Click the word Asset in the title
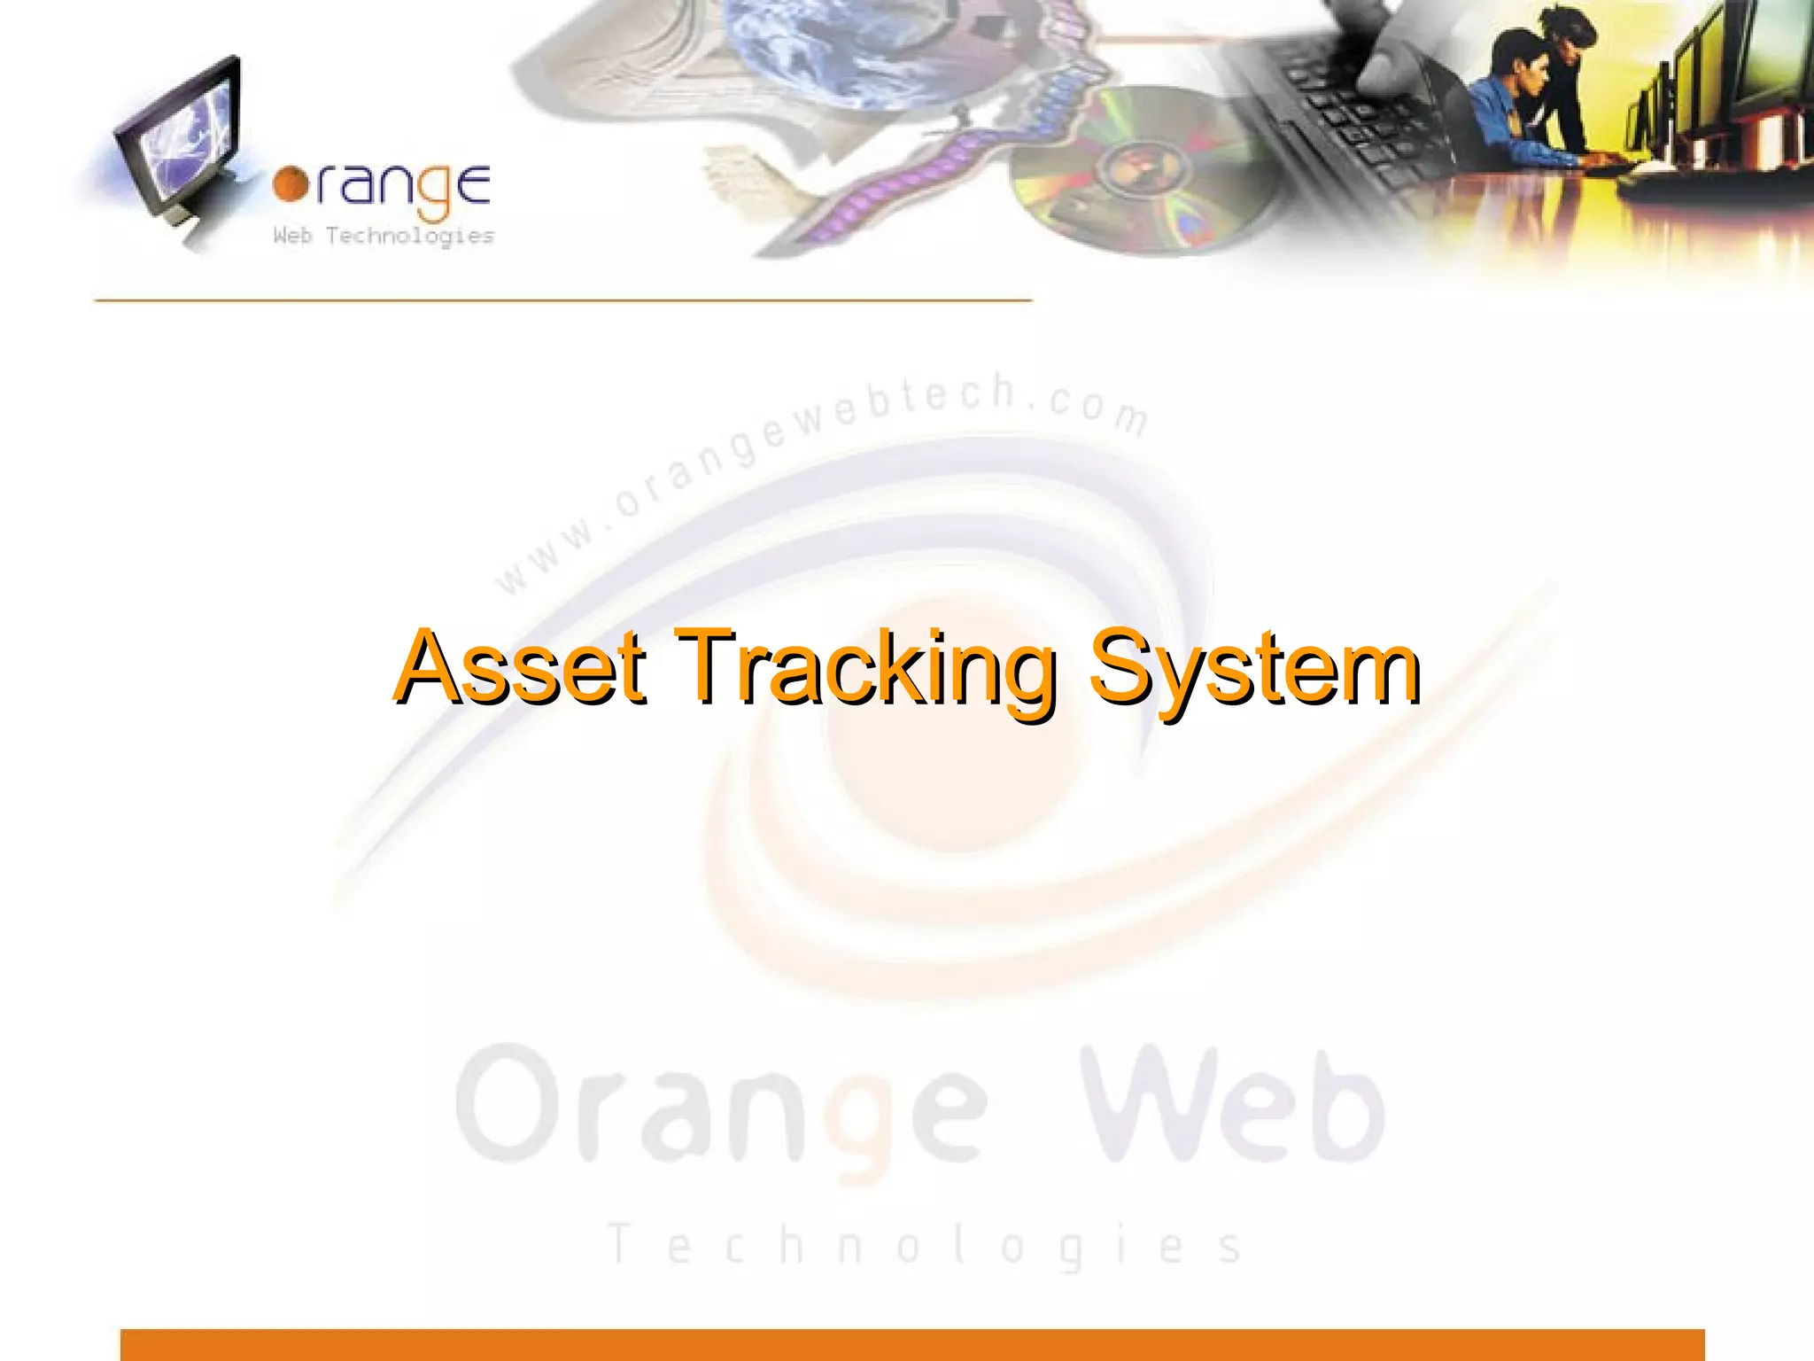tap(521, 668)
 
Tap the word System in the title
tap(1254, 668)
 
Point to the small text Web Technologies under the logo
tap(384, 236)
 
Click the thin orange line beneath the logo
tap(563, 301)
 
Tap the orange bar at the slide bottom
tap(912, 1344)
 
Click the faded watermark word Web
tap(1231, 1108)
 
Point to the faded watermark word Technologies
tap(926, 1245)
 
